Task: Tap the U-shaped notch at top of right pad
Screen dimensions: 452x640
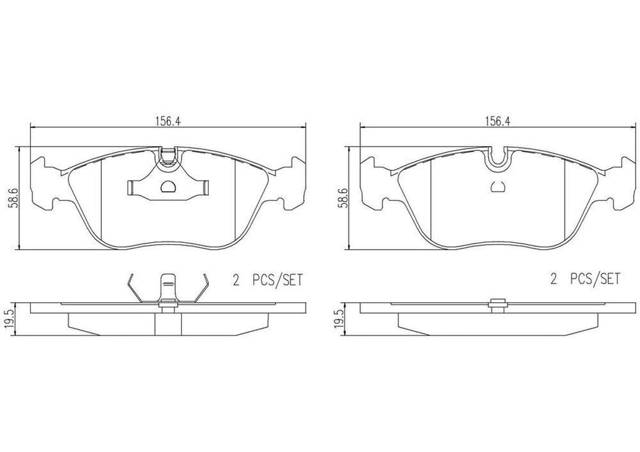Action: [498, 158]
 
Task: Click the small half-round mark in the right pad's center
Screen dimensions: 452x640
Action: [498, 185]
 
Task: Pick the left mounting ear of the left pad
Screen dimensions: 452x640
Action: [44, 183]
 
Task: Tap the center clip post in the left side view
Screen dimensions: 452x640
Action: [167, 288]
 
